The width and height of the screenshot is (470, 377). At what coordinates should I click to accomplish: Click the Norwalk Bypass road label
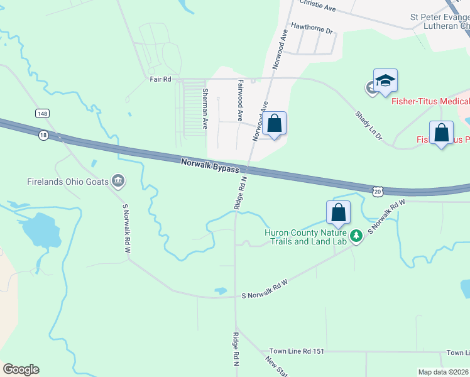[x=210, y=166]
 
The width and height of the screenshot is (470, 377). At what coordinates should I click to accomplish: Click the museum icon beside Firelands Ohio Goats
[x=117, y=182]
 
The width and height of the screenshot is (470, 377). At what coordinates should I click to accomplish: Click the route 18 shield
[x=43, y=134]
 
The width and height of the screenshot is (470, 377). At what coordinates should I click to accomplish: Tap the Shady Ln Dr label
[x=368, y=126]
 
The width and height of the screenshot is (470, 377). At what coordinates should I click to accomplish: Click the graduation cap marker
[x=385, y=80]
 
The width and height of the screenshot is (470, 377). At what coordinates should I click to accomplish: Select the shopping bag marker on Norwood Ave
[x=274, y=123]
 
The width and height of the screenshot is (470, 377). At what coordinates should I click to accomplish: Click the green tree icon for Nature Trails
[x=356, y=236]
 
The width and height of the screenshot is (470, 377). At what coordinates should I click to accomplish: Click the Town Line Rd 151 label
[x=297, y=351]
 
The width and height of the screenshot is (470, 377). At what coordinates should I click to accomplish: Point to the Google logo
[x=21, y=369]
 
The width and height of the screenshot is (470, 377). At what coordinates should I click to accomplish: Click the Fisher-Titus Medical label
[x=430, y=101]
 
